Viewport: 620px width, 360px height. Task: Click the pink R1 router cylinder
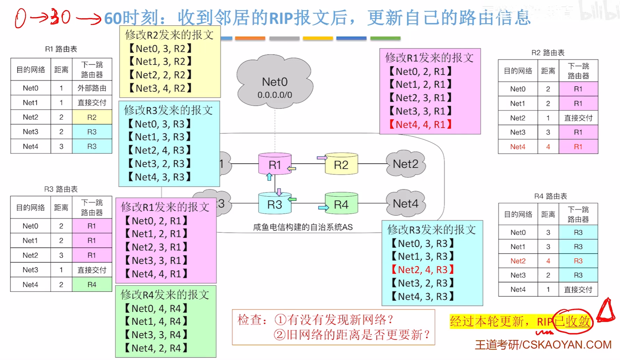[275, 164]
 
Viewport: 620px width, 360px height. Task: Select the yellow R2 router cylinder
[341, 164]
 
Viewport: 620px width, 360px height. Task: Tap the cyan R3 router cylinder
[275, 204]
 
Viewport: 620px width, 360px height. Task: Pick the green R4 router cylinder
[341, 204]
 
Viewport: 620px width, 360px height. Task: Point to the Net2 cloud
[406, 164]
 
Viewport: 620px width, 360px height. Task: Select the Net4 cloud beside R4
[406, 203]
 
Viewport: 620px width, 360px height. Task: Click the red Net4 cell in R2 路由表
[518, 147]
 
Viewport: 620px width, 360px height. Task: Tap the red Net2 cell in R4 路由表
[518, 261]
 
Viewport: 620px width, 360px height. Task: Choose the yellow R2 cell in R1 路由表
[92, 117]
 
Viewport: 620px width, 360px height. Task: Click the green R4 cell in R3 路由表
[92, 284]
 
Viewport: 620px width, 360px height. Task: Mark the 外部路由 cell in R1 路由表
[92, 88]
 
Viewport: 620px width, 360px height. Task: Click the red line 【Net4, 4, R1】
[421, 125]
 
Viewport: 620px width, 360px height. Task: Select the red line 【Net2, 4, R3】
[423, 270]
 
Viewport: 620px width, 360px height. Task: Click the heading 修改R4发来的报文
[165, 295]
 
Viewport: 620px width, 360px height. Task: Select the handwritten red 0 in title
[21, 18]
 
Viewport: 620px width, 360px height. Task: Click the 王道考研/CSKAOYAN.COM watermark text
[543, 345]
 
